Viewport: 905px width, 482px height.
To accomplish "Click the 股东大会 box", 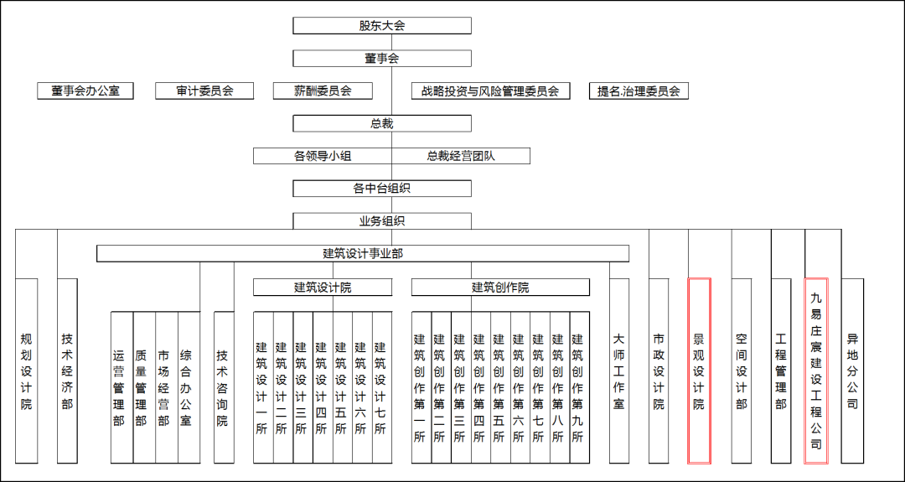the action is click(x=382, y=25).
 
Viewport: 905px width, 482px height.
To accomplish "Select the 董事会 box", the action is click(x=382, y=59).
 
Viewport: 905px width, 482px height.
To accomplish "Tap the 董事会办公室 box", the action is click(x=85, y=91).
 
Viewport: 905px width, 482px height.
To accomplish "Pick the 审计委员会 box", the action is click(x=204, y=91).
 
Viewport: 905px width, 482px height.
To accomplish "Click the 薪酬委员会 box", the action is click(x=323, y=91).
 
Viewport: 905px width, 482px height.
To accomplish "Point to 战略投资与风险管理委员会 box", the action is click(x=490, y=91).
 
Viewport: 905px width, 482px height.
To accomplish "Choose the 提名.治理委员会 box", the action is click(x=639, y=91).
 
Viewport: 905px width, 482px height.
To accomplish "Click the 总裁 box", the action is click(x=382, y=123).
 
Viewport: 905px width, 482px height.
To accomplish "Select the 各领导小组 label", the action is click(x=323, y=156).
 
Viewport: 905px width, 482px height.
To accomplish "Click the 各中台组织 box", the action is click(x=382, y=188).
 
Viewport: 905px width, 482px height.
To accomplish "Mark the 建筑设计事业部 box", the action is click(x=363, y=253).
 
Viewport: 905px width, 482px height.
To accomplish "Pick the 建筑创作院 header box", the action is click(x=500, y=287).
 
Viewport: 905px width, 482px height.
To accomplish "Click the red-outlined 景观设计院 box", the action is click(x=699, y=371).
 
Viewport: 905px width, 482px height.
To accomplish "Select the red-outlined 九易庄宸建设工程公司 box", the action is click(x=816, y=371).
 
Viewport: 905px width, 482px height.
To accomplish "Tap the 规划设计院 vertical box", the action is click(x=27, y=371).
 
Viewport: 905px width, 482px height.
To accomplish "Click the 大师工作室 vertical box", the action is click(x=618, y=371).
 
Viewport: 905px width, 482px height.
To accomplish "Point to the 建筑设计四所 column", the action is click(x=323, y=387).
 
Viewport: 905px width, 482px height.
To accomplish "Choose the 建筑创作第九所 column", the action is click(x=580, y=387).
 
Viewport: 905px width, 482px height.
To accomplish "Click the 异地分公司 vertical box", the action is click(x=852, y=371).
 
